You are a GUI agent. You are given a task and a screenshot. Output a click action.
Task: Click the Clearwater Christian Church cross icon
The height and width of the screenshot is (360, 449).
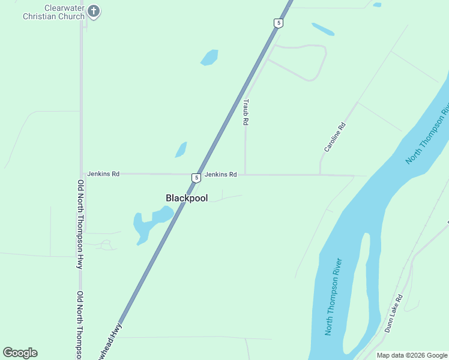93,10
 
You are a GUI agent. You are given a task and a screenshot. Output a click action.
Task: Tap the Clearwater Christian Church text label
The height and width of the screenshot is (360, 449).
53,12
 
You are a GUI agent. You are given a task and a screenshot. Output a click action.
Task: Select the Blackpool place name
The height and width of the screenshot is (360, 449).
187,198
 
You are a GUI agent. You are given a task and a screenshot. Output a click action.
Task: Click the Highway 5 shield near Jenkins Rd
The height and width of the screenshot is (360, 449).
196,178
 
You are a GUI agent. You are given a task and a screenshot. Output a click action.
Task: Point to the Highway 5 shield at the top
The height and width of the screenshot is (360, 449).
278,23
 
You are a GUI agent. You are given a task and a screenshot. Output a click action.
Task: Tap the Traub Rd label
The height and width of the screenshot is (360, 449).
246,112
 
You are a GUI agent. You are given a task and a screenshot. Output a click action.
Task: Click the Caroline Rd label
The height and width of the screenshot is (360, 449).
336,137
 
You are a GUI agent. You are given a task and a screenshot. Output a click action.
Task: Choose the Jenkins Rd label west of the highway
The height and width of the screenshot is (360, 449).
103,174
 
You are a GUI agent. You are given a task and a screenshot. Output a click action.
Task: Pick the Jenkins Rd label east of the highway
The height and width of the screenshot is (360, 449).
220,175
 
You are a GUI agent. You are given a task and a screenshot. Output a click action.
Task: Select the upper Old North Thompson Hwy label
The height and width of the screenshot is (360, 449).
80,224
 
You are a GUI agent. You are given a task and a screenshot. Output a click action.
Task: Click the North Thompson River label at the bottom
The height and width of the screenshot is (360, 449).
333,297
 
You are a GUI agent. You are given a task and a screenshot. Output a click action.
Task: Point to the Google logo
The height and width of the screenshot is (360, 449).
20,353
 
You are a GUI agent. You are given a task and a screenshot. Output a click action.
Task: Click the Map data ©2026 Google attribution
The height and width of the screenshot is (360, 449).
412,355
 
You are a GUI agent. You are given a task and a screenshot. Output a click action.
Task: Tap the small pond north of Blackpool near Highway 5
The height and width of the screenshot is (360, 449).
181,149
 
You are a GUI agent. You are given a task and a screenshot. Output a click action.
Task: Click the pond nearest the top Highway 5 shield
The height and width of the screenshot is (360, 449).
322,29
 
